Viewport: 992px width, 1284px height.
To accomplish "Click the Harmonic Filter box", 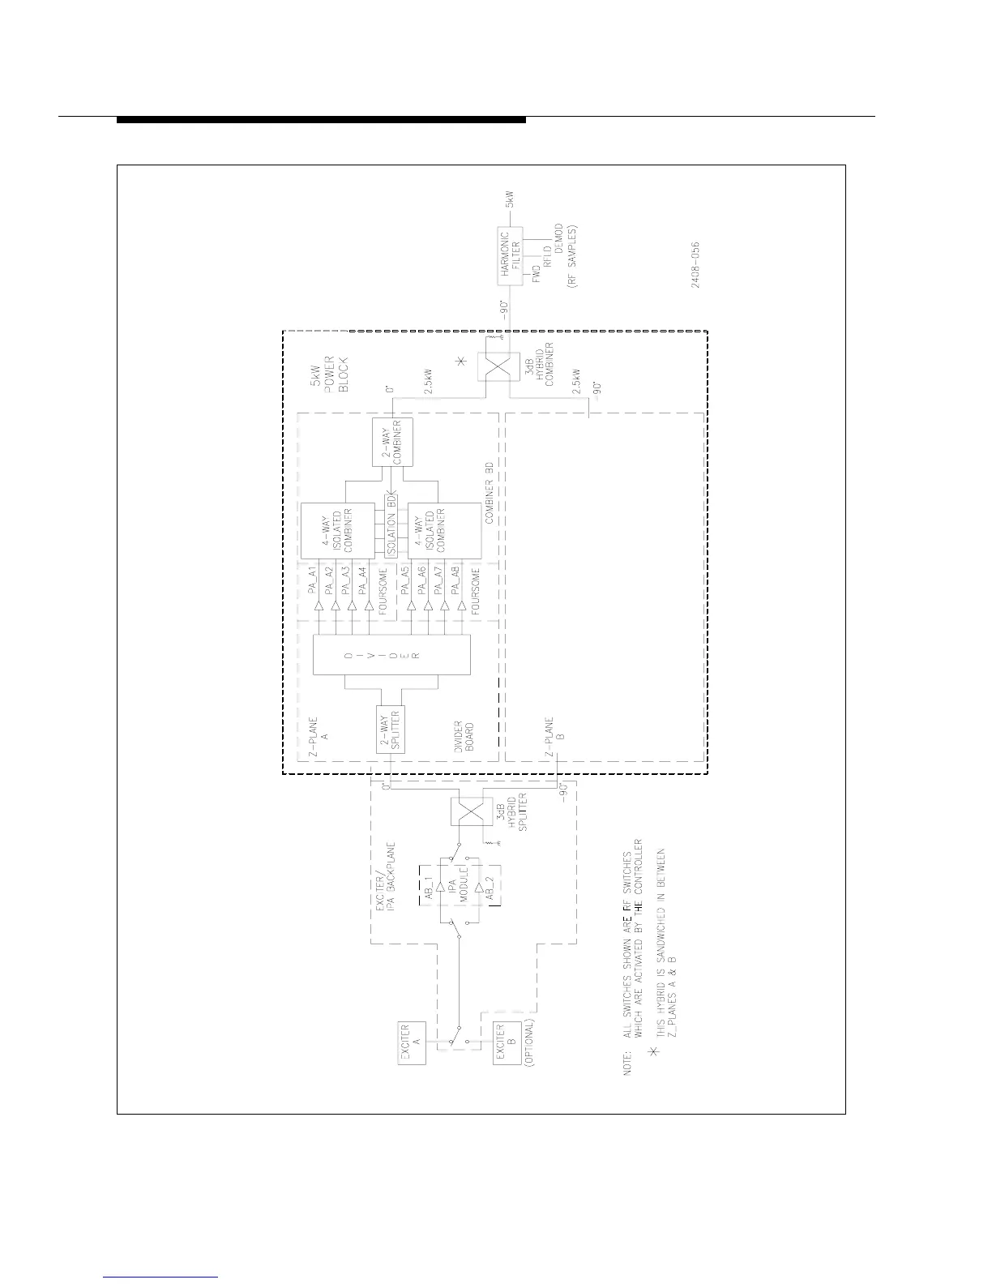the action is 510,256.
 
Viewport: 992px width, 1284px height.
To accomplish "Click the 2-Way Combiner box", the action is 391,442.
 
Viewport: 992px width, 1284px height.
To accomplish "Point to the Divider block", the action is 391,653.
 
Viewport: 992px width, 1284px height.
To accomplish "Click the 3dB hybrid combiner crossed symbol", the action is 496,370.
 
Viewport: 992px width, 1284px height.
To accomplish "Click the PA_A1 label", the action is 313,583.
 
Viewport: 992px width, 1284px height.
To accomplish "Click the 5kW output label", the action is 511,199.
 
